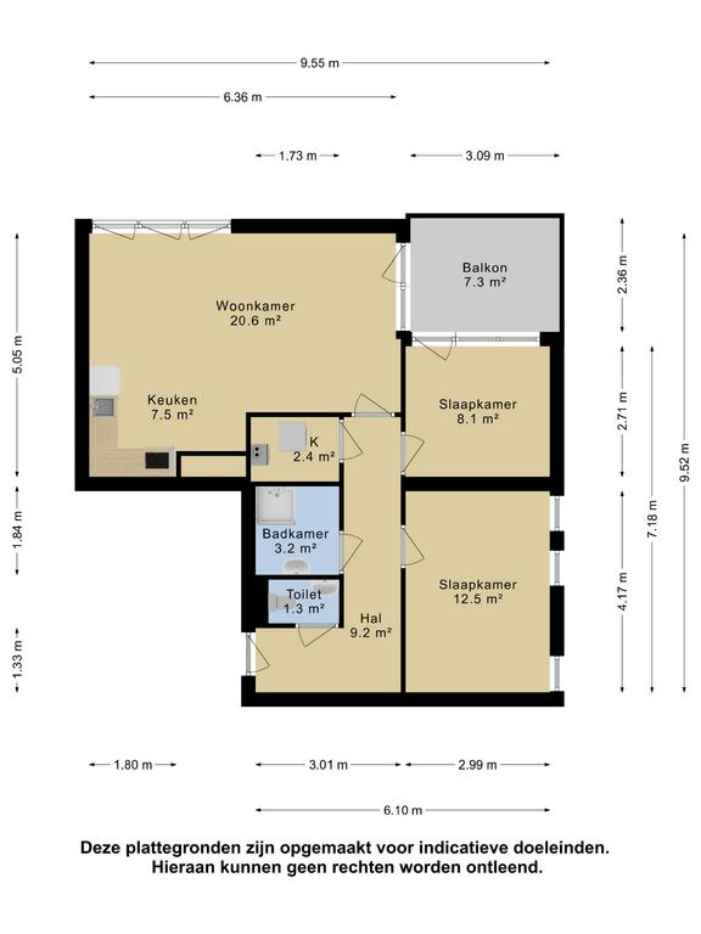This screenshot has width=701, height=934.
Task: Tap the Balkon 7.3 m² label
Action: tap(484, 275)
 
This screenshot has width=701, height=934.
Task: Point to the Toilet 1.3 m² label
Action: tap(304, 600)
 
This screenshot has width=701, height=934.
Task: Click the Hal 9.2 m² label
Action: tap(370, 625)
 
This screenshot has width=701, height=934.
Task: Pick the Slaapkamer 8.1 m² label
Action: tap(478, 412)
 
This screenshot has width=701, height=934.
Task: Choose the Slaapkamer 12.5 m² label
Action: tap(478, 591)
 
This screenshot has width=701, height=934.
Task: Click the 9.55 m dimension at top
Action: tap(319, 63)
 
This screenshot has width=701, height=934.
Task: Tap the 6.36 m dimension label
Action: tap(242, 97)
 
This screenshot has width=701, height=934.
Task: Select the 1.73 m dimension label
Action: tap(297, 156)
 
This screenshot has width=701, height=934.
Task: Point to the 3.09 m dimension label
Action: tap(484, 156)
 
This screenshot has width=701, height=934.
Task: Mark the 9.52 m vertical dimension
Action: tap(684, 462)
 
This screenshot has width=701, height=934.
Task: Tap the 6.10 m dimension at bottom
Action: tap(402, 810)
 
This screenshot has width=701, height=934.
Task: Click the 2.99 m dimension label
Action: tap(477, 765)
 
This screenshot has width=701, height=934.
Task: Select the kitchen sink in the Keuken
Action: tap(104, 406)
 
